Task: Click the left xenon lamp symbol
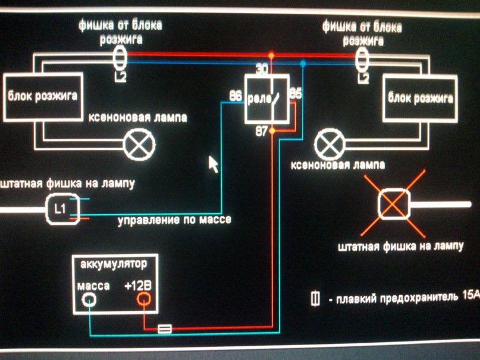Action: pos(139,144)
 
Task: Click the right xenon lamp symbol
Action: pos(330,144)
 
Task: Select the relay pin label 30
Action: pos(262,70)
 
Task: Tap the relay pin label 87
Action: pos(262,132)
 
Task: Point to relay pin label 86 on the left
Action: pos(236,96)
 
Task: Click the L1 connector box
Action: pos(62,209)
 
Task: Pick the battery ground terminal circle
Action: pos(89,299)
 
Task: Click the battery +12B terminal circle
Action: pos(143,299)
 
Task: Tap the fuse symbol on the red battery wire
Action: pos(165,329)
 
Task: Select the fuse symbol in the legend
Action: pos(315,299)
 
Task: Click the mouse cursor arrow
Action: pos(213,164)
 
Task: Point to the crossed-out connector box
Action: pos(394,204)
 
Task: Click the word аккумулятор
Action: pos(114,264)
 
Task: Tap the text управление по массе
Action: pos(174,220)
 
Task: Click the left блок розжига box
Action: pos(43,97)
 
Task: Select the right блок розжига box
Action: pos(420,99)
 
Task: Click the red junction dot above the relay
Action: pos(271,56)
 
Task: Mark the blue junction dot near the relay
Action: pos(303,64)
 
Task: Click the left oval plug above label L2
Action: pos(120,58)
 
